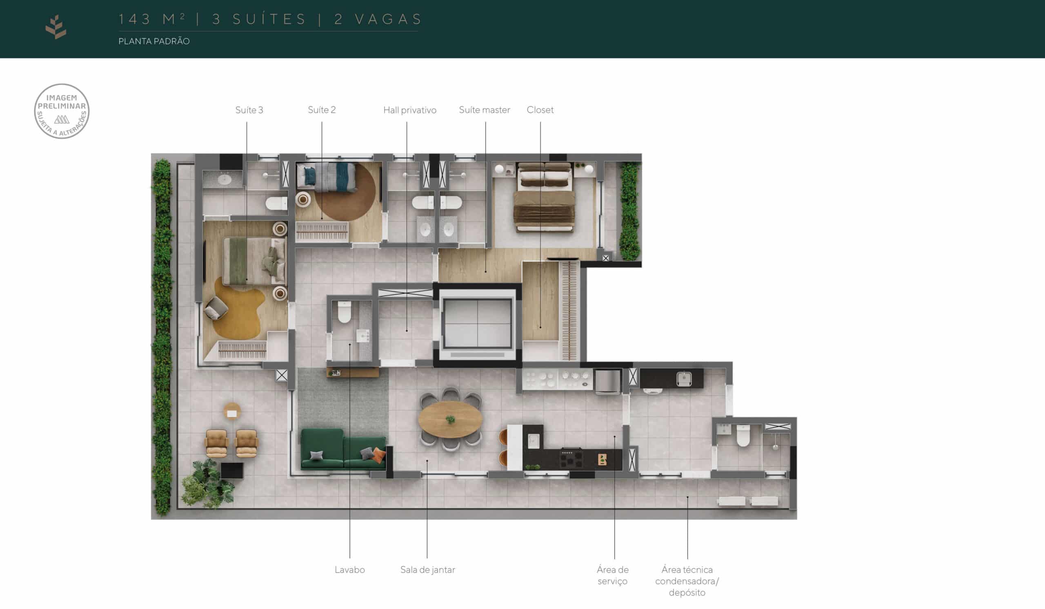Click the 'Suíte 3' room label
click(x=249, y=110)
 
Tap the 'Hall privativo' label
click(x=410, y=110)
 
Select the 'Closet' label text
click(x=540, y=110)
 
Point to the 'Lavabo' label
click(x=349, y=570)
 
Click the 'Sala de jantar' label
click(x=427, y=570)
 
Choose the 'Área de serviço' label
click(x=612, y=575)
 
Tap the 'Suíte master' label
click(x=485, y=110)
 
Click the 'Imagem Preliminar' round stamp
click(x=62, y=111)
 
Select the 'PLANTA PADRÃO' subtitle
click(x=154, y=41)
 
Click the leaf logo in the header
click(x=56, y=27)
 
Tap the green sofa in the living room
click(x=343, y=449)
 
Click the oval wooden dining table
click(x=450, y=419)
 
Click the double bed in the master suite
click(x=544, y=197)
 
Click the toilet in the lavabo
click(x=344, y=312)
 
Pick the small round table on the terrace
click(x=232, y=412)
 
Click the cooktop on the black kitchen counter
click(x=571, y=458)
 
